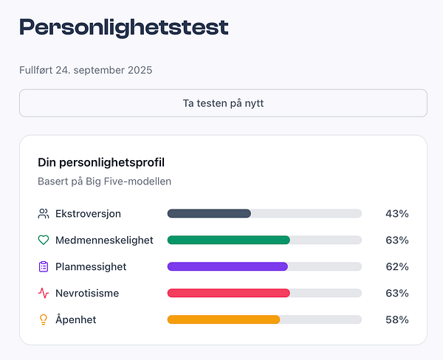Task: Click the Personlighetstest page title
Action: pyautogui.click(x=124, y=28)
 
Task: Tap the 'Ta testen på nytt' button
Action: pyautogui.click(x=223, y=103)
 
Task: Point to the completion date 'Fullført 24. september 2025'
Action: pyautogui.click(x=86, y=70)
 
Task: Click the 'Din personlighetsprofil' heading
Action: pyautogui.click(x=101, y=162)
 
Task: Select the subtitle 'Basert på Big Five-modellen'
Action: pyautogui.click(x=104, y=181)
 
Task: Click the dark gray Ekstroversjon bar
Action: pyautogui.click(x=210, y=214)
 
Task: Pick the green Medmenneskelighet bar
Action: pyautogui.click(x=229, y=240)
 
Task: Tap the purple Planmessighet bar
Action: pyautogui.click(x=227, y=267)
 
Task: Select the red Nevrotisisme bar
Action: pyautogui.click(x=229, y=294)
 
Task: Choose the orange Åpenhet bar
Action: pyautogui.click(x=224, y=320)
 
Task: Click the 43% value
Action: pyautogui.click(x=396, y=214)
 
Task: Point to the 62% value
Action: pyautogui.click(x=396, y=267)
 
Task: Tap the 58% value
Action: pyautogui.click(x=396, y=320)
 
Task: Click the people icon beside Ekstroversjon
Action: pyautogui.click(x=44, y=214)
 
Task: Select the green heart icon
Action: pyautogui.click(x=44, y=240)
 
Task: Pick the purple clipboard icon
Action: pyautogui.click(x=44, y=267)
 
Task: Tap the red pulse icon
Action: pyautogui.click(x=44, y=294)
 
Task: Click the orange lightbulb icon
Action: pyautogui.click(x=44, y=320)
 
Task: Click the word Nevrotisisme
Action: pyautogui.click(x=87, y=294)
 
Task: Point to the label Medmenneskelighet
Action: pyautogui.click(x=104, y=240)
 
